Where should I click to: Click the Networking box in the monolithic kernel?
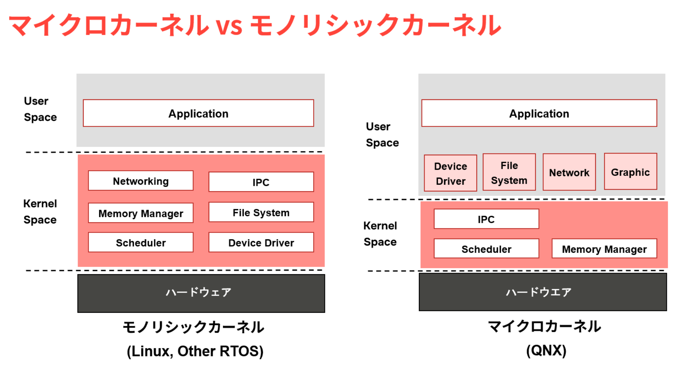click(x=141, y=181)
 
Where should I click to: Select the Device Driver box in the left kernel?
click(x=261, y=243)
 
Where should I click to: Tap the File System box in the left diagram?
click(x=261, y=212)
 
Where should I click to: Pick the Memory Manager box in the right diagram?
click(x=604, y=249)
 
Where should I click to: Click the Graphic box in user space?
click(x=631, y=172)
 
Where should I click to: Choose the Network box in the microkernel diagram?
click(x=569, y=172)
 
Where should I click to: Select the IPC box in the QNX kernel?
click(x=486, y=219)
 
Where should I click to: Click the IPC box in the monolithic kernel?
click(x=261, y=182)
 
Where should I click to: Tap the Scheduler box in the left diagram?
click(x=141, y=243)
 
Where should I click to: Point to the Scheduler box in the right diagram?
click(x=486, y=249)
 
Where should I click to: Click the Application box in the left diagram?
click(x=198, y=113)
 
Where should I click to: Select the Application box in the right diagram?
click(x=539, y=113)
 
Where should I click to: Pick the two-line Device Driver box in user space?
click(x=450, y=173)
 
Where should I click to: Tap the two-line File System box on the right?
click(x=509, y=172)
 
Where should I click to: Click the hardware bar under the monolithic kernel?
click(x=201, y=293)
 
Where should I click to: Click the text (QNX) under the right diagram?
click(x=546, y=351)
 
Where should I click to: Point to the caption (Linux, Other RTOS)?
click(x=195, y=351)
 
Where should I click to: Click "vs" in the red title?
click(x=229, y=26)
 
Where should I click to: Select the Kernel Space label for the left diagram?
click(x=40, y=212)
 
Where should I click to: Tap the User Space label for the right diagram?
click(x=382, y=135)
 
